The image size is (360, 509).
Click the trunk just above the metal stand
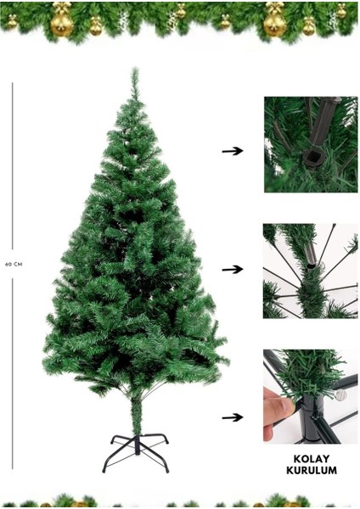point(135,416)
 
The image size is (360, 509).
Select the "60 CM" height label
point(13,264)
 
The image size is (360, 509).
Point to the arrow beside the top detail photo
point(232,151)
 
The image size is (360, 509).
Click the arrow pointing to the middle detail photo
point(232,270)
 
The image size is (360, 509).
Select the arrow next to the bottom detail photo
point(232,417)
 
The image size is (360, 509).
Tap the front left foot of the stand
point(106,468)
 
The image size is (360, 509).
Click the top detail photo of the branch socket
point(310,144)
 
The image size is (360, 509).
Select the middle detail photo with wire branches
point(310,271)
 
